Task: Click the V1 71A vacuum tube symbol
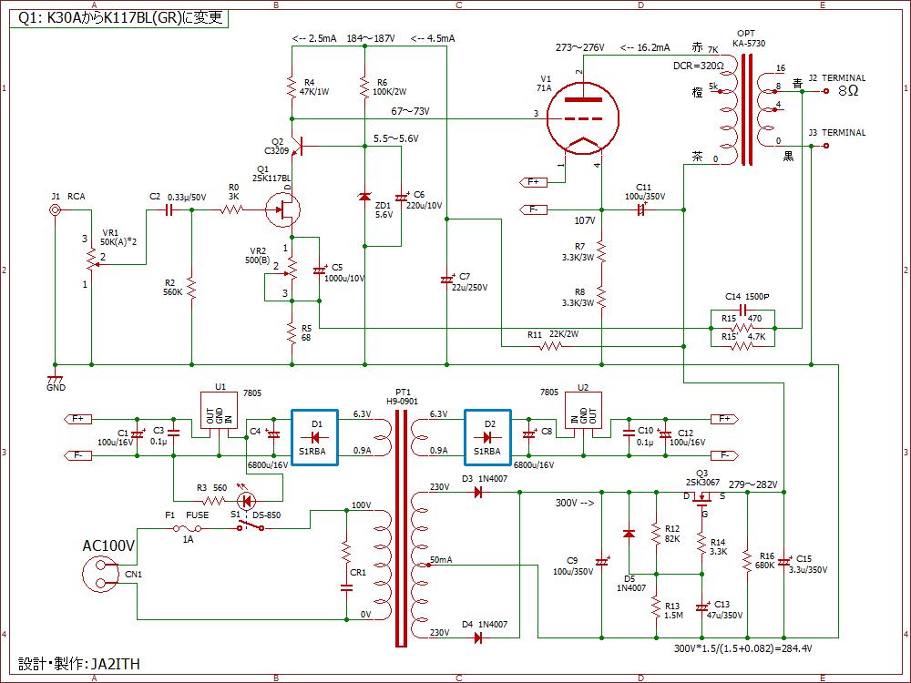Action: (x=583, y=118)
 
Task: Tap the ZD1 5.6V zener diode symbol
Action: (x=364, y=197)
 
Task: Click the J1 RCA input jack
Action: (x=56, y=210)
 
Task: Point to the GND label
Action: (x=56, y=387)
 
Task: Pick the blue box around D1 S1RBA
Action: (x=315, y=437)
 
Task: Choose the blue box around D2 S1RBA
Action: (x=488, y=437)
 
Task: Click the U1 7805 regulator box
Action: (x=219, y=410)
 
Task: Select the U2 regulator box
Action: (x=583, y=410)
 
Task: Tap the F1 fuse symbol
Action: (x=188, y=528)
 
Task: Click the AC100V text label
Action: (x=108, y=545)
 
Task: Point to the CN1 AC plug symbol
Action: (x=102, y=574)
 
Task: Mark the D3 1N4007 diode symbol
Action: (x=479, y=493)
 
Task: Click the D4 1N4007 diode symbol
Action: (x=479, y=637)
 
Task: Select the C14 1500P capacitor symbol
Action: (x=742, y=309)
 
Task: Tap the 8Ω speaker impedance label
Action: (x=848, y=90)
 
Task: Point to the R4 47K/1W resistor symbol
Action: (x=292, y=87)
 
